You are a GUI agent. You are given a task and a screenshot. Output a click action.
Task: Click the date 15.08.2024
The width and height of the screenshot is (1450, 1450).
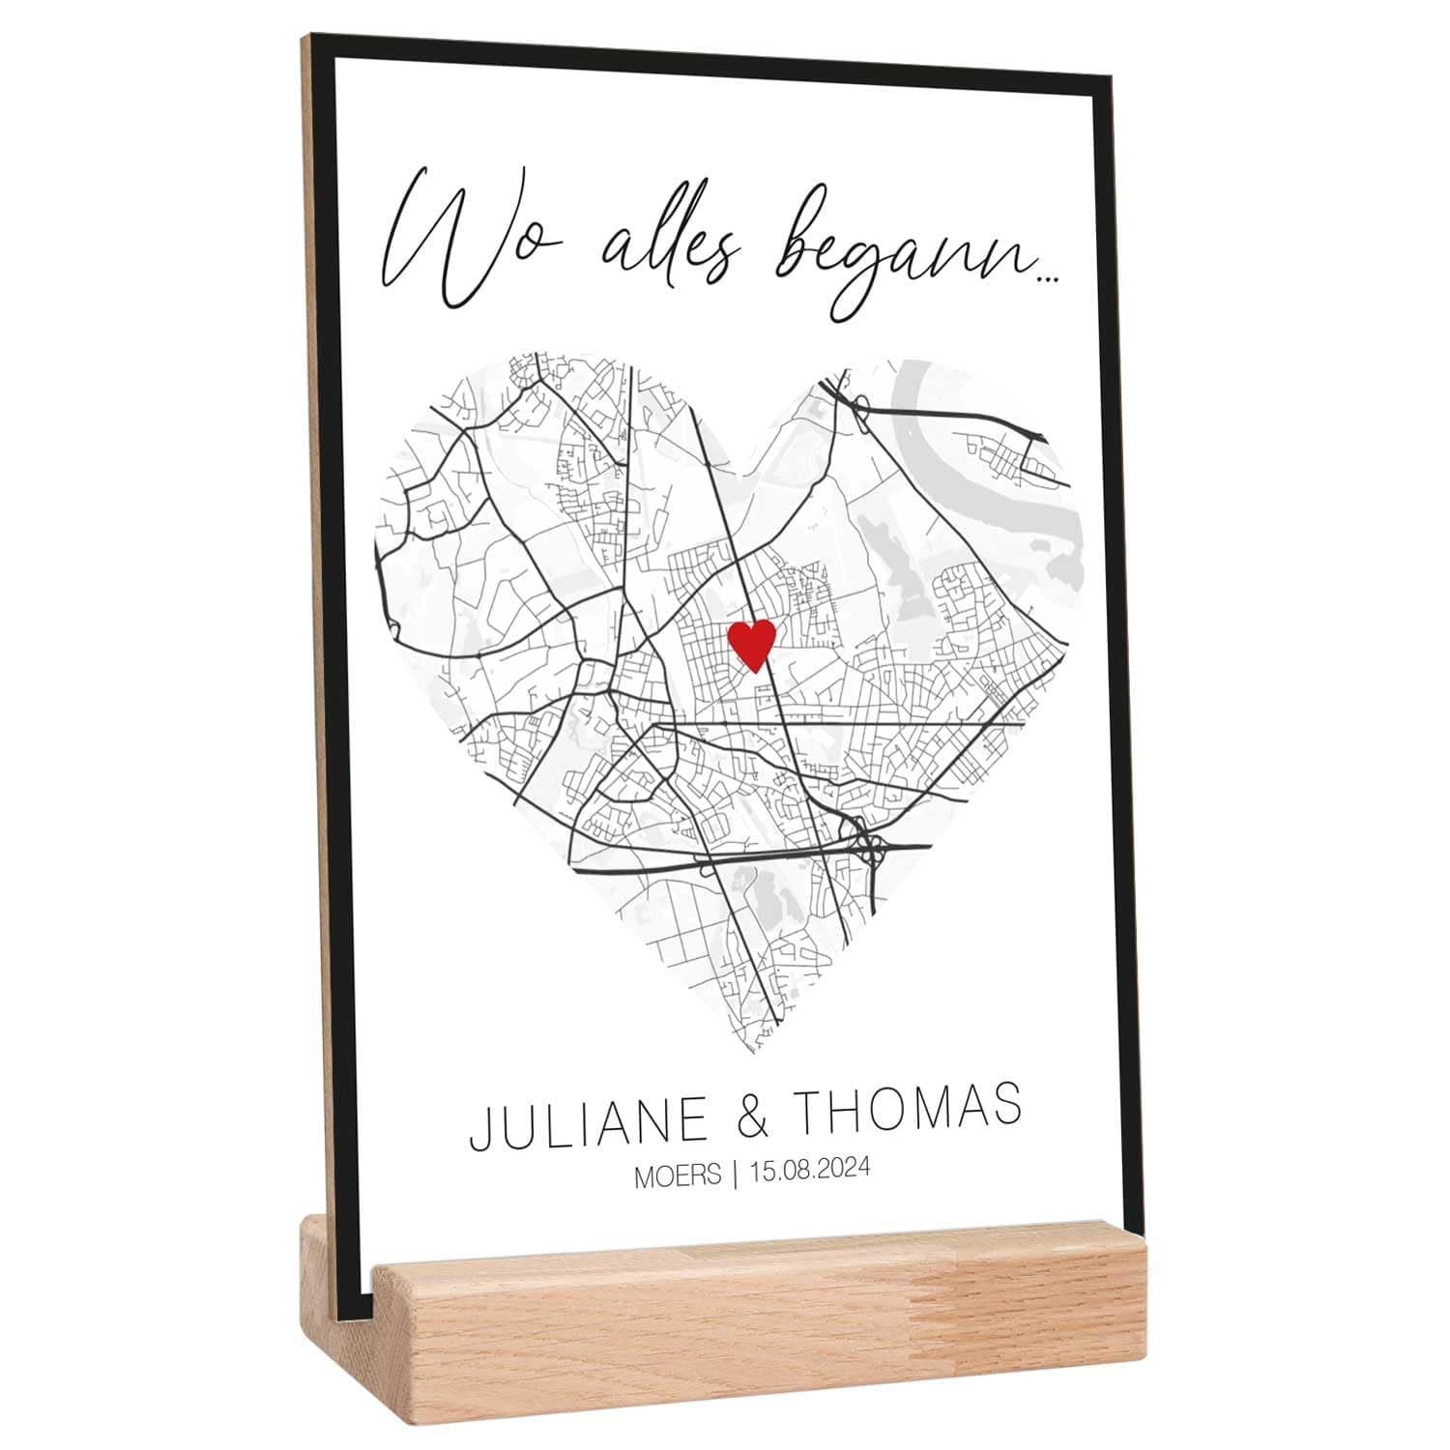(810, 1170)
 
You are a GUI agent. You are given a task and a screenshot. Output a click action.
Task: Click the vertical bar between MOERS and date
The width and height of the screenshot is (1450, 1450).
(736, 1174)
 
